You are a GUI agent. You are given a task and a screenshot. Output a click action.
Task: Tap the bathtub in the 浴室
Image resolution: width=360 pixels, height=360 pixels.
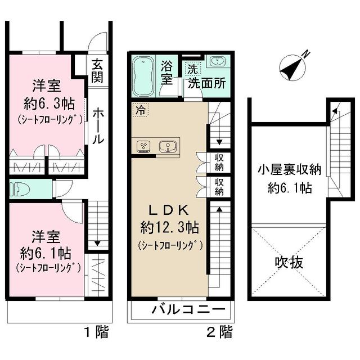(x=145, y=76)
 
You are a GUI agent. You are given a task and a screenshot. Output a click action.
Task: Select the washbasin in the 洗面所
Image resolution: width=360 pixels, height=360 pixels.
(x=216, y=62)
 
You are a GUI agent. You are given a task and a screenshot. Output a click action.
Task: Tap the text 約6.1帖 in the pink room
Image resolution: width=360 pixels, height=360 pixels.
(x=47, y=251)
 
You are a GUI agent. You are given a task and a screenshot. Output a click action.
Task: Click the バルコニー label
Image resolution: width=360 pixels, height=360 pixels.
(x=188, y=310)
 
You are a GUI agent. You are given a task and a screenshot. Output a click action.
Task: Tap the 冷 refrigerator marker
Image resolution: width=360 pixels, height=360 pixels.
(x=139, y=111)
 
